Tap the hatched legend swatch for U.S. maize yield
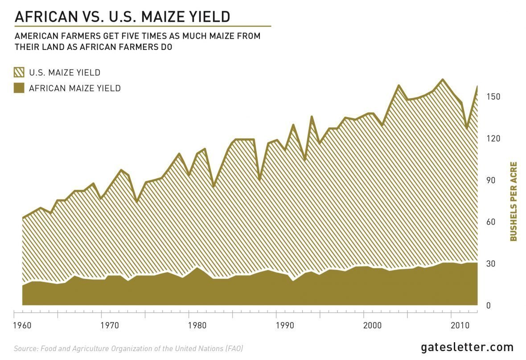tap(19, 73)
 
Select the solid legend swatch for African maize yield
tap(19, 88)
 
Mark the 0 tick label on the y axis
tap(489, 306)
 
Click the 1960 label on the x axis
tap(22, 324)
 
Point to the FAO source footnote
tap(128, 348)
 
